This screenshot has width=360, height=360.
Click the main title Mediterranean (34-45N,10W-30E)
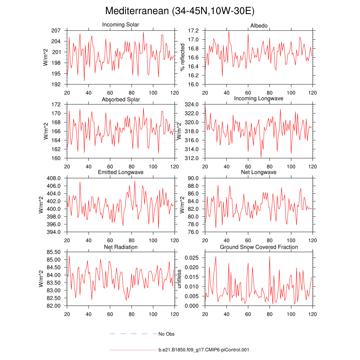(x=180, y=11)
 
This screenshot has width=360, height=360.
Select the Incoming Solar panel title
(x=121, y=25)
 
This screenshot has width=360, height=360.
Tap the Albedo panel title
(x=259, y=26)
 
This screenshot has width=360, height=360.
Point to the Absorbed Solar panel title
(x=121, y=99)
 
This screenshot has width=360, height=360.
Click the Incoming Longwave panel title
(x=259, y=98)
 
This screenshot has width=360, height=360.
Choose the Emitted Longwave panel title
(x=121, y=172)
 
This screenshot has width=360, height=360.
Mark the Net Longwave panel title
(x=259, y=172)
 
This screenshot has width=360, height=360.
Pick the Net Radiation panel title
(x=121, y=247)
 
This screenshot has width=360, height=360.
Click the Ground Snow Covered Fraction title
(x=259, y=247)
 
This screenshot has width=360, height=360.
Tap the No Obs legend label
(x=166, y=334)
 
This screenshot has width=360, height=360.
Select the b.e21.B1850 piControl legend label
(x=204, y=350)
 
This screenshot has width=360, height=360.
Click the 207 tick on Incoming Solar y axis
(x=56, y=31)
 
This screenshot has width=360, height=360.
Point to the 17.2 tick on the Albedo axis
(x=194, y=31)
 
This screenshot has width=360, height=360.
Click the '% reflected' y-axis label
(x=182, y=57)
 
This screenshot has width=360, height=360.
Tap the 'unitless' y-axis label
(x=179, y=279)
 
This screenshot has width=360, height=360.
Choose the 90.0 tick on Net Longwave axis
(x=194, y=178)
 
